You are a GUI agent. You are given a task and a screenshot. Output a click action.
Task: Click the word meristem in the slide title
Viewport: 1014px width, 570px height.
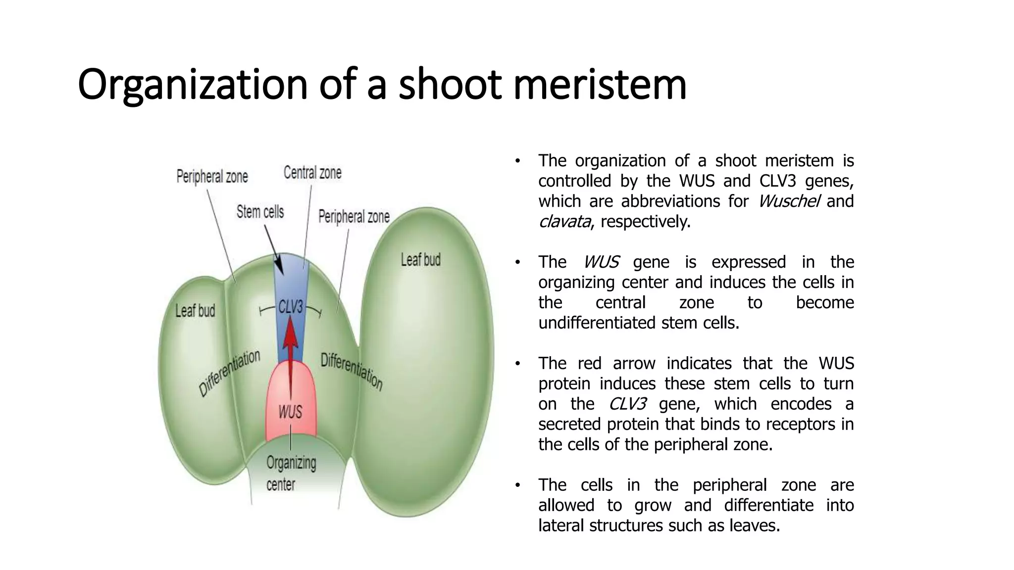(600, 85)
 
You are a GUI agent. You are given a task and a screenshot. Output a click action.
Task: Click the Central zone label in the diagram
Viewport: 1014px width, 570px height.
(312, 173)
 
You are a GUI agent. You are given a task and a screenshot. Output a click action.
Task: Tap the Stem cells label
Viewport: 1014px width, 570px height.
(260, 212)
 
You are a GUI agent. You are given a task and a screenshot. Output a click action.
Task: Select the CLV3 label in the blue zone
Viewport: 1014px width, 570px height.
(290, 307)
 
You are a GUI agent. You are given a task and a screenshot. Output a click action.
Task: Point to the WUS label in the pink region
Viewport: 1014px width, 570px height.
(290, 412)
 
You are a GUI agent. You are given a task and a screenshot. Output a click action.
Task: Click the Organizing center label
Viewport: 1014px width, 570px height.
(291, 473)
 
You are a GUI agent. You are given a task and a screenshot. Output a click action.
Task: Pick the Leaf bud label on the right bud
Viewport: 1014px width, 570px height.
(420, 260)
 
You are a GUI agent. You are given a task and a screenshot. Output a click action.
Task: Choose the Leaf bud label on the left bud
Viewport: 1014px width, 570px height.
(195, 311)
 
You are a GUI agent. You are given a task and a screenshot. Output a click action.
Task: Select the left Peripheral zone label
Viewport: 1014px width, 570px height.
(212, 176)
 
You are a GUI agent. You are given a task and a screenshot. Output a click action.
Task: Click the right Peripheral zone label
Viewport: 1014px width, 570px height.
(354, 216)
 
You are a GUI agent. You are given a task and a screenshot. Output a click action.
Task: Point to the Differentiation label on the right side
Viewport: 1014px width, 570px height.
(352, 371)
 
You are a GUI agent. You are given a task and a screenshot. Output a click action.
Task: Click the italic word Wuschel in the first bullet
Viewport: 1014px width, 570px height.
(789, 201)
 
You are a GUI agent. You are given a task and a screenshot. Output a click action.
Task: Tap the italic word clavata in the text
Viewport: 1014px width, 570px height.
(564, 222)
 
